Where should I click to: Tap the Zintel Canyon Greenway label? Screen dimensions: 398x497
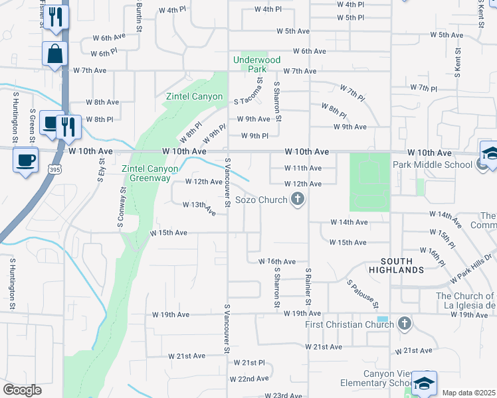(x=149, y=173)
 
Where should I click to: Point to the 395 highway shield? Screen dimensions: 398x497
(x=52, y=170)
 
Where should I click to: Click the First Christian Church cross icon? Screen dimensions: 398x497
(x=405, y=324)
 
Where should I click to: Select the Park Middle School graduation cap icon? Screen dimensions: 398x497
(x=490, y=154)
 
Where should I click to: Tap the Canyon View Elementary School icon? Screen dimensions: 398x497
(x=424, y=384)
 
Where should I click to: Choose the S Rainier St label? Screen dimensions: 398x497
(x=308, y=287)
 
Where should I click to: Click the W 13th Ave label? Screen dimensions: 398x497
(x=200, y=208)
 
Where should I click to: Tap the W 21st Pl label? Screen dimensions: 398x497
(x=244, y=363)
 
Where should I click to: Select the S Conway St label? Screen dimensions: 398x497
(x=124, y=206)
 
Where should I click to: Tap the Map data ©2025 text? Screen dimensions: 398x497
(x=468, y=393)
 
